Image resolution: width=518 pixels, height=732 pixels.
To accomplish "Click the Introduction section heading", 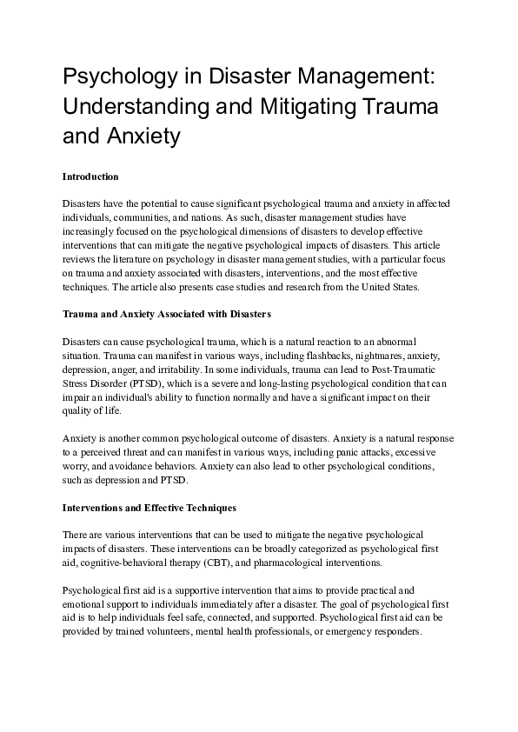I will [x=90, y=176].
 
